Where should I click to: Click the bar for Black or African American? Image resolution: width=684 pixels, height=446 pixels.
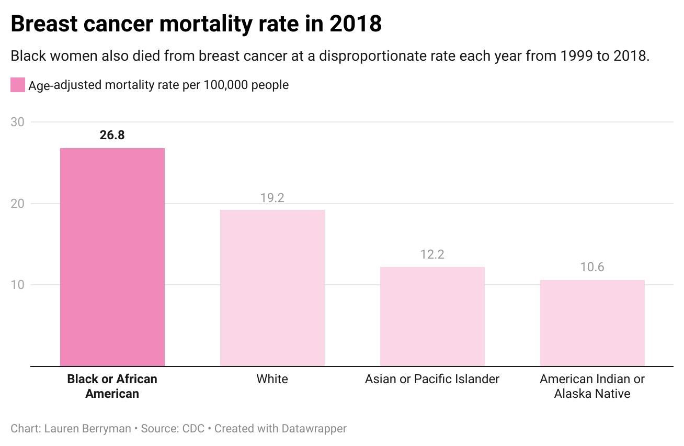[112, 257]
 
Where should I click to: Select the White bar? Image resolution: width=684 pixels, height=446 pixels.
[272, 288]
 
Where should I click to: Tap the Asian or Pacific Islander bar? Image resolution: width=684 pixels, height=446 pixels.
[432, 316]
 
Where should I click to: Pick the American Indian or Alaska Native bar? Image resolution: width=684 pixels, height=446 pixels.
[592, 323]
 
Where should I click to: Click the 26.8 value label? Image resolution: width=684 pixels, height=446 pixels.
[112, 135]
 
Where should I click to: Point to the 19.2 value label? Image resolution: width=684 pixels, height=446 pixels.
[272, 198]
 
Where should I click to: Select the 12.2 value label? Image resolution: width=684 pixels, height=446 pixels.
[432, 254]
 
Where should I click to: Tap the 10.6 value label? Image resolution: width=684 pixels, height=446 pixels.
[592, 267]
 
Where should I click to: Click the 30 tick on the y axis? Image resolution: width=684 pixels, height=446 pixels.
[18, 122]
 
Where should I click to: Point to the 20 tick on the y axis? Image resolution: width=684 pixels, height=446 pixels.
[18, 204]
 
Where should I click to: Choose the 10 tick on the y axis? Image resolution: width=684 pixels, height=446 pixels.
[18, 285]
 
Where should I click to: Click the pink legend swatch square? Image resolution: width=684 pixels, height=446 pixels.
[18, 85]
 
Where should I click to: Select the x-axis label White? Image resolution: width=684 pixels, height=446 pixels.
[272, 379]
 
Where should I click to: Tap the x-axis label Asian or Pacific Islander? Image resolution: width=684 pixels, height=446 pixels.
[432, 379]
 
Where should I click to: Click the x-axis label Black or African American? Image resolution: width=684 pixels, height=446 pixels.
[112, 386]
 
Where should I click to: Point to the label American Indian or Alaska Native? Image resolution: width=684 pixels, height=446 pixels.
[592, 386]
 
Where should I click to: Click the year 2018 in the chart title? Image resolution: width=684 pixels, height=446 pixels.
[355, 24]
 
